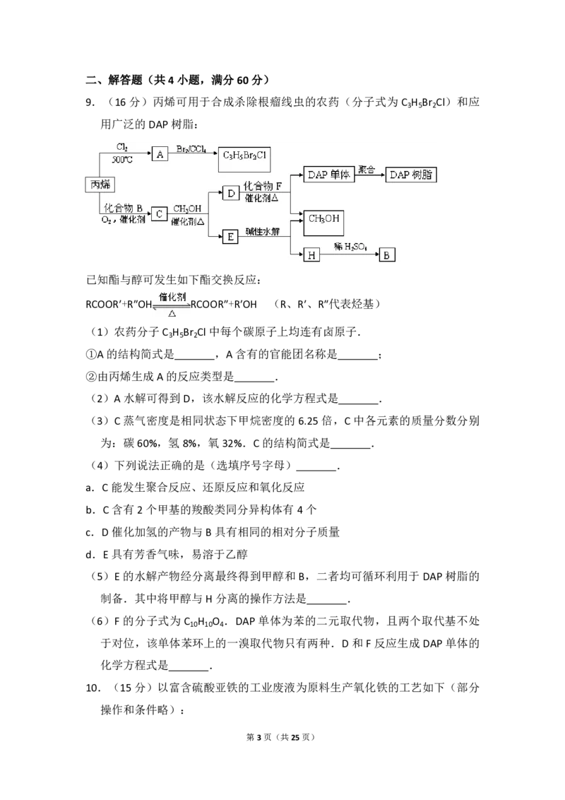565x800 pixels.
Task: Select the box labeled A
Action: pos(160,155)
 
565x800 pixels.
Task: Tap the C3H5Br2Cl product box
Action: pos(245,155)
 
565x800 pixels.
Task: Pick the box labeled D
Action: pos(231,193)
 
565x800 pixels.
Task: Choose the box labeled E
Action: pos(230,237)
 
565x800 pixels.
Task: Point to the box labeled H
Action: pos(311,255)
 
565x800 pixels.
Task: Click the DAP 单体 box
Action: pos(327,175)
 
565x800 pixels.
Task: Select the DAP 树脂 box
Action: pos(411,175)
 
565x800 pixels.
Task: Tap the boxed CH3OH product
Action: pos(323,220)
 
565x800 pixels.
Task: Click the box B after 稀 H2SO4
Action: pos(387,255)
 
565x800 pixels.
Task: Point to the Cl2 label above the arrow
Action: pos(121,147)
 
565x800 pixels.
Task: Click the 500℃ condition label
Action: pos(123,160)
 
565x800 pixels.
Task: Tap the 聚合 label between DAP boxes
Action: pos(367,170)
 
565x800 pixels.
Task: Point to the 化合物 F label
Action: pos(263,186)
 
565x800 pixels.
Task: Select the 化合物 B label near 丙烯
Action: pos(124,208)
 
